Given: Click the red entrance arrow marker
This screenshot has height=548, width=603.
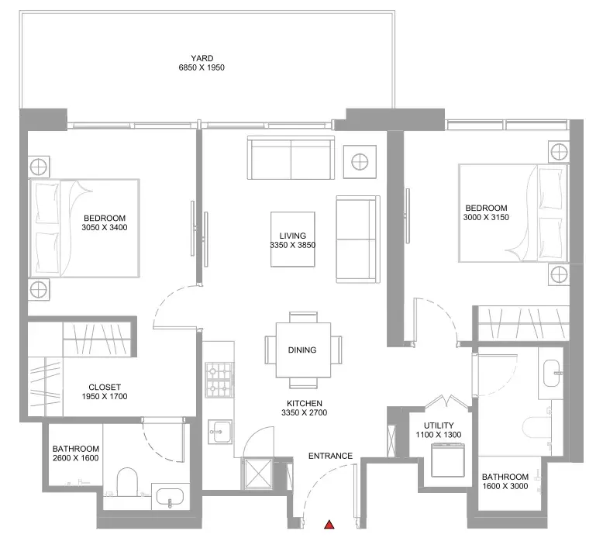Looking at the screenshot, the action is tap(329, 525).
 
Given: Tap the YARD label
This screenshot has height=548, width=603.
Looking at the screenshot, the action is tap(202, 58).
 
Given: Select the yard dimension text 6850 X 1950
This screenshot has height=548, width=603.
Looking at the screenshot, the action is tap(202, 67).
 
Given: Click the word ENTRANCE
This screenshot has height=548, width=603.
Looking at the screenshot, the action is tap(330, 456).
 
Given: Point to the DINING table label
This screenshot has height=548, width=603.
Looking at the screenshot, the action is tap(302, 350).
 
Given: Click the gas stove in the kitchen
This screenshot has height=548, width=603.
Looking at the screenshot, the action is tap(219, 380).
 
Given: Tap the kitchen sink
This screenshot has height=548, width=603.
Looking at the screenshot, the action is tap(220, 432).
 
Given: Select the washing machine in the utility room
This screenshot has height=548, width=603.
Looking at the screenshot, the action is tap(448, 460).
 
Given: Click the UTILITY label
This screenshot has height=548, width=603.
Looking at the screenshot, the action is tap(439, 426).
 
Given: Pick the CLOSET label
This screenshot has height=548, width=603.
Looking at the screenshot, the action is tap(105, 388).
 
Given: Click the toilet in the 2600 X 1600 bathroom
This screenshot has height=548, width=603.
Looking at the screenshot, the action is tap(127, 482).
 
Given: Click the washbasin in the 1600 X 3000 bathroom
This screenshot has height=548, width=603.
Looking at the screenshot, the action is tap(553, 373).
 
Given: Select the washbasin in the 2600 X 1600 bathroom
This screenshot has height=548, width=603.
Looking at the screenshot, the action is tap(170, 498).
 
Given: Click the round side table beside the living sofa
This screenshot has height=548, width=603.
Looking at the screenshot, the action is tap(360, 162).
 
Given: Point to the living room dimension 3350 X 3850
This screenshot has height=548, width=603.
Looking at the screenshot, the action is tap(293, 245).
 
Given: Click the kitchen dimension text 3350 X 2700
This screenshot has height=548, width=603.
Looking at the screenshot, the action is tap(304, 412).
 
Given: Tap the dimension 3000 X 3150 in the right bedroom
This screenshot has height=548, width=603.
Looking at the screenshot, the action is tap(486, 217).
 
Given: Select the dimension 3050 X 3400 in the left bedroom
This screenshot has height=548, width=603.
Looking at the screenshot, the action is tap(105, 227).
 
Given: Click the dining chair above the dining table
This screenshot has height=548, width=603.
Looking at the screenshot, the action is tap(303, 317).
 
